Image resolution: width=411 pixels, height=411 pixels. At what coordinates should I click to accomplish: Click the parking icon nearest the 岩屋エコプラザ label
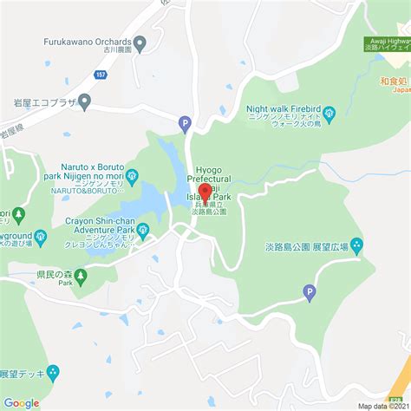185,124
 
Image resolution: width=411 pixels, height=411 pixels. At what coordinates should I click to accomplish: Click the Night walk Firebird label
284,110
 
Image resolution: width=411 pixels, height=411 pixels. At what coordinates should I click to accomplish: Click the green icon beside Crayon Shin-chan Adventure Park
143,228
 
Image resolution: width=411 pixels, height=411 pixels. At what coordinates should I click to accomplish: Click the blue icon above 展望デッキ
53,373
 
